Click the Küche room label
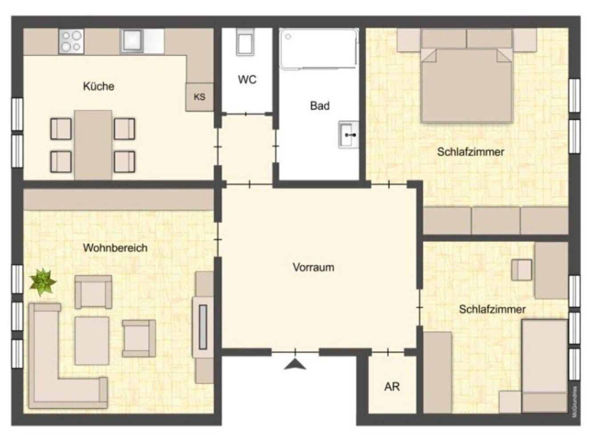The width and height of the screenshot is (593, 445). [98, 86]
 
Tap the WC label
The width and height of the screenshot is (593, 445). [247, 80]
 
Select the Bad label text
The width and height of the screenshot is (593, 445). [319, 106]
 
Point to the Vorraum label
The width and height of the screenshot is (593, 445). [313, 267]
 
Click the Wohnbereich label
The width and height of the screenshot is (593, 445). [115, 248]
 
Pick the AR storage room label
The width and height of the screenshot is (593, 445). [391, 387]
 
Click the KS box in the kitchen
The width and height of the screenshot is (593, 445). [199, 97]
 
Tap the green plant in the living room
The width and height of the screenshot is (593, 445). [42, 282]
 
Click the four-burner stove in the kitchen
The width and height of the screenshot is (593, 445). [71, 41]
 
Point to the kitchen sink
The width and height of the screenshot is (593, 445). [132, 41]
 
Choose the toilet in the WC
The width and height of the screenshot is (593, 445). [245, 43]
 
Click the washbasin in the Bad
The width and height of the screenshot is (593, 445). [348, 134]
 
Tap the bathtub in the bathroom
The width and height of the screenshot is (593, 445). [319, 49]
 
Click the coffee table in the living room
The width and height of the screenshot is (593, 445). [92, 340]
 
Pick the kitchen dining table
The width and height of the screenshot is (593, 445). [93, 145]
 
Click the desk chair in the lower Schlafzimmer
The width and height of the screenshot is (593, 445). [521, 270]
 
